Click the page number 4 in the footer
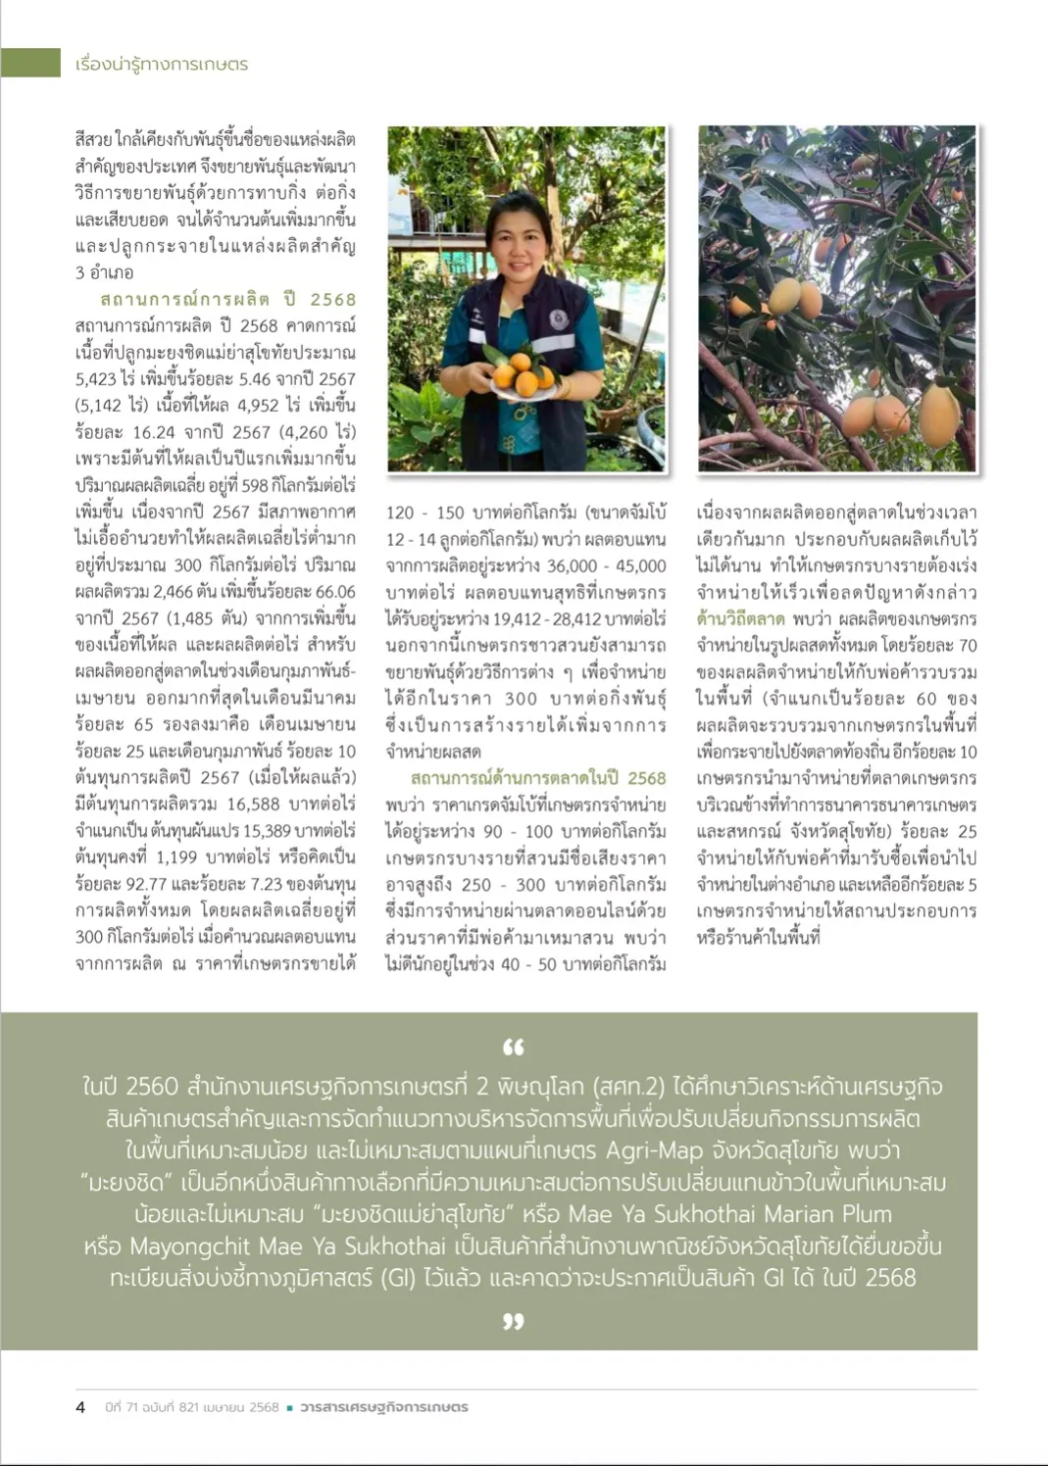pos(80,1407)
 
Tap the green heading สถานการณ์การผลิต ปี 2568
pos(227,299)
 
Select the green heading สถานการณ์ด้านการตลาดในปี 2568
pos(538,778)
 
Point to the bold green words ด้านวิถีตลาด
pos(740,618)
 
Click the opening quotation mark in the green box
pos(513,1048)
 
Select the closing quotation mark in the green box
pos(513,1322)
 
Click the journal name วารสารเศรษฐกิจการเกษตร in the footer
pos(384,1407)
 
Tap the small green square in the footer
pos(289,1408)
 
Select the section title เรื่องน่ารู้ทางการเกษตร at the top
pos(162,64)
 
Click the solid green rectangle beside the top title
pos(30,63)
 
